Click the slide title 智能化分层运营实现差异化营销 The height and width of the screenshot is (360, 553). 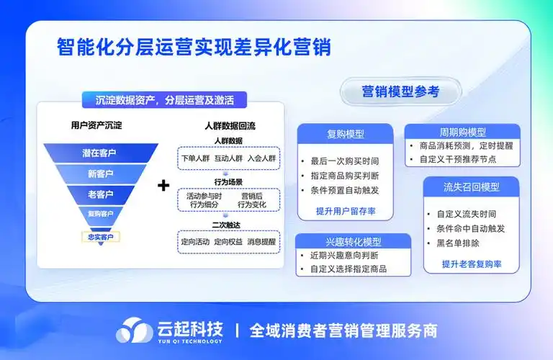coord(194,48)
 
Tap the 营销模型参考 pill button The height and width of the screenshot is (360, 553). coord(400,91)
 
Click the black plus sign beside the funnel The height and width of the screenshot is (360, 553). coord(163,186)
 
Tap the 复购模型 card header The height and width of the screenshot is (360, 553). coord(345,134)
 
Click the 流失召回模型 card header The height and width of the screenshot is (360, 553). coord(472,186)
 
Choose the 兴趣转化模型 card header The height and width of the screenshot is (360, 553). coord(354,241)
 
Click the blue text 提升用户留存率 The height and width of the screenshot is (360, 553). coord(345,211)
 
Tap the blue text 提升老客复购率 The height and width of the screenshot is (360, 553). coord(472,264)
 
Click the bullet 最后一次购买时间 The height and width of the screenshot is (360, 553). coord(344,161)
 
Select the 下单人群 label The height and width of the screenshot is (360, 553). coord(194,158)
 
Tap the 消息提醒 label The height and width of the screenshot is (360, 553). coord(261,241)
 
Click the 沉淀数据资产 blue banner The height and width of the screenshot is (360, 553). coord(165,100)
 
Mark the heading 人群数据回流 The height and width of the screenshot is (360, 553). coord(230,125)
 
